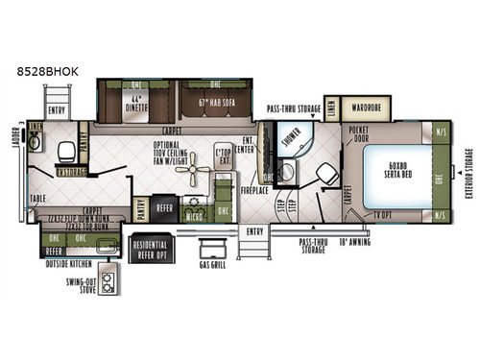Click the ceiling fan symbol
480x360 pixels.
coord(198,175)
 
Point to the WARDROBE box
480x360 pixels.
coord(367,107)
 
